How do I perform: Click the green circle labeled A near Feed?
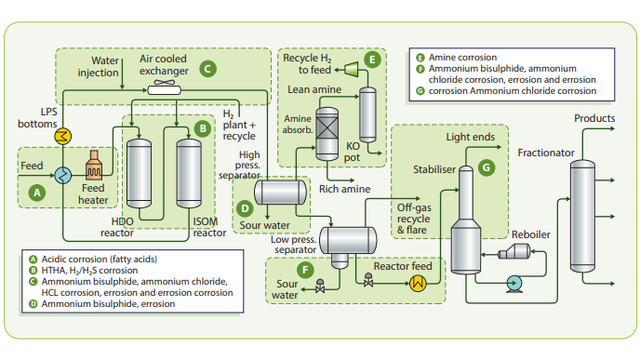[x=37, y=193]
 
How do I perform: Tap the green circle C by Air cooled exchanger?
[x=207, y=67]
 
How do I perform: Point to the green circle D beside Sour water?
[x=243, y=209]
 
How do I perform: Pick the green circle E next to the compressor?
[x=373, y=60]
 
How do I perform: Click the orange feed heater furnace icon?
[x=93, y=170]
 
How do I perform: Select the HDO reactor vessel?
[x=140, y=174]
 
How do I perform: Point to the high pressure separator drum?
[x=281, y=193]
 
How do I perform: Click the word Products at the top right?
[x=594, y=119]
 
